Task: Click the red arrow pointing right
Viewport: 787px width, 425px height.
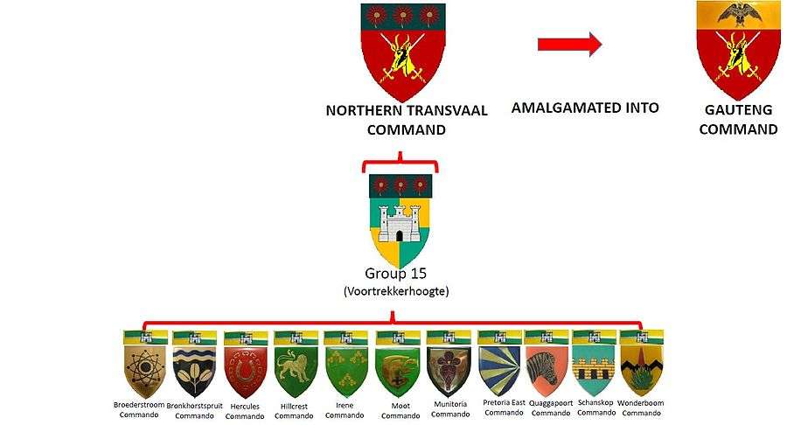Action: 569,45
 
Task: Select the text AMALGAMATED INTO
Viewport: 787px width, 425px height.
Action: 585,108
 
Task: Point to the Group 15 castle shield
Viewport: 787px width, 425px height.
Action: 401,221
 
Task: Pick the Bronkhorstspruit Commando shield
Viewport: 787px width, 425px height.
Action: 195,367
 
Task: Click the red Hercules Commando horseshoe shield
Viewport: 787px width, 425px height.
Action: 246,367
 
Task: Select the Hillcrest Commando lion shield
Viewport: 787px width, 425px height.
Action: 295,367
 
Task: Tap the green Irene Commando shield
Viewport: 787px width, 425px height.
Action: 345,367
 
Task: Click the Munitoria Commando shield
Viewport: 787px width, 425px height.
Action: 448,367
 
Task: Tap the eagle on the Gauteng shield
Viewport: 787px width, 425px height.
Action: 737,13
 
